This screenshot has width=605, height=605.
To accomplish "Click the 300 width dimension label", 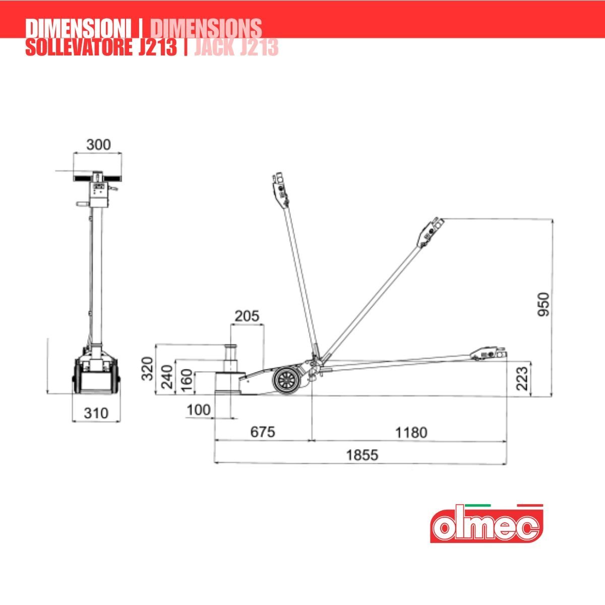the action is (99, 145).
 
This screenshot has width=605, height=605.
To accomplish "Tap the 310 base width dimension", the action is (96, 413).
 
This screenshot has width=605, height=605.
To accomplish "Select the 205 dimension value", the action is (247, 316).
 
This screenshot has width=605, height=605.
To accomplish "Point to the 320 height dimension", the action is (147, 369).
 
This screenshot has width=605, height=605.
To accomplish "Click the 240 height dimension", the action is (167, 377).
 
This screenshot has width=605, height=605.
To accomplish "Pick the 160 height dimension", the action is (187, 381).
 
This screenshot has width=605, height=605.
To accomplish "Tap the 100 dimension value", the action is (199, 410).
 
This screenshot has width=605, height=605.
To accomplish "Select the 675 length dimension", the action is (263, 432).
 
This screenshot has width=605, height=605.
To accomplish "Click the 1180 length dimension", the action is (411, 433).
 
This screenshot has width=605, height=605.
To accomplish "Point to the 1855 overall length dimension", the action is (362, 455).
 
